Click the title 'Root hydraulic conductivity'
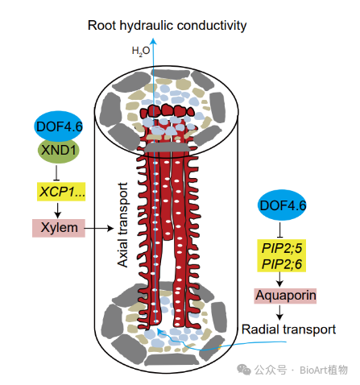pos(167,26)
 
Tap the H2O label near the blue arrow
pos(141,51)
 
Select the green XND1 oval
pos(59,151)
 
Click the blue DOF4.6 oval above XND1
pos(59,126)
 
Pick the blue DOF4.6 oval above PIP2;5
pos(282,205)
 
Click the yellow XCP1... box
pos(61,192)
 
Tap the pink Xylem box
pos(59,228)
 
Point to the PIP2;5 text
pos(281,248)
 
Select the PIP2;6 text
pos(281,264)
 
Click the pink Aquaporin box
pos(285,296)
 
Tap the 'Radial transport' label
pos(288,329)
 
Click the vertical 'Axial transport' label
pos(122,225)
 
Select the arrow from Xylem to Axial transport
pos(99,228)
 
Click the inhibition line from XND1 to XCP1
pos(56,172)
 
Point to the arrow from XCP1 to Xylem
pos(57,210)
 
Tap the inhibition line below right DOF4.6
pos(280,230)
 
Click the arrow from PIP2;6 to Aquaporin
pos(279,279)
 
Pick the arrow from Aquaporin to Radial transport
pos(279,313)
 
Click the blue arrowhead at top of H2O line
pos(153,40)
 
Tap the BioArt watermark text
pos(324,370)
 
